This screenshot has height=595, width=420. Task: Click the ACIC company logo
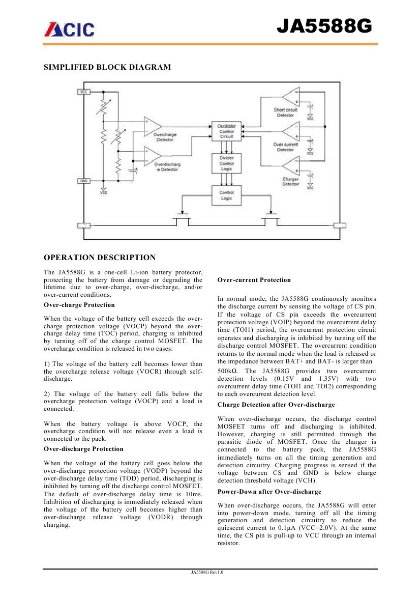point(69,30)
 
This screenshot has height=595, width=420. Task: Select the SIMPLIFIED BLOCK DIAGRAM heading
point(107,67)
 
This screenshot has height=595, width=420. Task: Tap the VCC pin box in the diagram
point(83,92)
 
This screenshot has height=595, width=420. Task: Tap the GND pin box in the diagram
point(83,181)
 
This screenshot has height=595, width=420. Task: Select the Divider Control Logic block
point(227,163)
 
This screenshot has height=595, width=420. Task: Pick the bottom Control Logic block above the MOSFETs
point(227,195)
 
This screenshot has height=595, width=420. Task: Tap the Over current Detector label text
point(285,147)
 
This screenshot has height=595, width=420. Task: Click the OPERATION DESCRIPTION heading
point(100,258)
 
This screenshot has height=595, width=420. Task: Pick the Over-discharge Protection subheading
point(84,449)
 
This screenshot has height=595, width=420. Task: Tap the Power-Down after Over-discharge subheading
point(269,492)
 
